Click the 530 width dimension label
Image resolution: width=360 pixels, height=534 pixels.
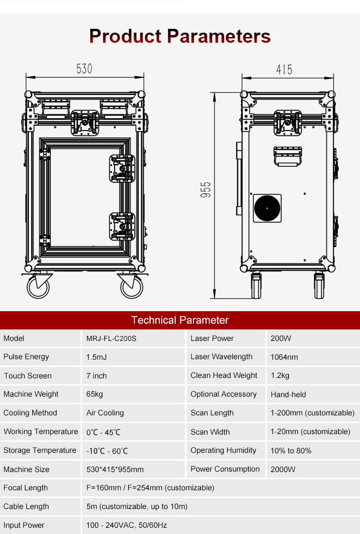pos(84,69)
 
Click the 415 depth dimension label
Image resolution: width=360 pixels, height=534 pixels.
pos(284,70)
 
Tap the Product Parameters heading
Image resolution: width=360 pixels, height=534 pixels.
pos(180,36)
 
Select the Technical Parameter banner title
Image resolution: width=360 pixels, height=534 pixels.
pos(180,320)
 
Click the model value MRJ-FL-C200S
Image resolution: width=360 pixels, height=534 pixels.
pos(111,339)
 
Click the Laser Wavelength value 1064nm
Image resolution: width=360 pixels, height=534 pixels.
pos(284,357)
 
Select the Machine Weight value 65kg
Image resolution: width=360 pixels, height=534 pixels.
pos(95,394)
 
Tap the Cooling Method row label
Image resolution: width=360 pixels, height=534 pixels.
pos(30,413)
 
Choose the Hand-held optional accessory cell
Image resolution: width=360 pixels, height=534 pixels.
pos(288,394)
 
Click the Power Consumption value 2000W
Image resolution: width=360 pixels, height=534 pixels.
pos(283,469)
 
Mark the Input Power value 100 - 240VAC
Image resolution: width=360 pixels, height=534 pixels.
pos(127,525)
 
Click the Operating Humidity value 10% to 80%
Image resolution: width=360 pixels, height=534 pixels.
pos(291,450)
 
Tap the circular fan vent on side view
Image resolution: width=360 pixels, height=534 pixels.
pos(267,208)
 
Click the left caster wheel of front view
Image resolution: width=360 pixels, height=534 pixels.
pos(38,287)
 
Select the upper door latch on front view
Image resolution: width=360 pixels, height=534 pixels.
pos(122,169)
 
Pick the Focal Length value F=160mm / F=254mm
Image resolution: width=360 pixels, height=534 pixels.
pos(150,488)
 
